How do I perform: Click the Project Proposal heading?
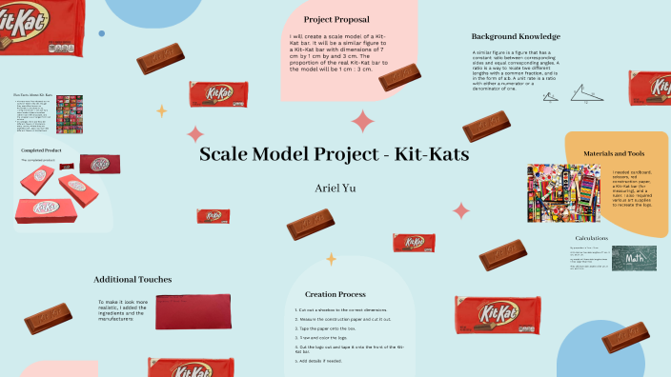336,19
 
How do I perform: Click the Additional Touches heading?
132,280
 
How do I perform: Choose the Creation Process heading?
335,294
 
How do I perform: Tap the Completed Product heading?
43,150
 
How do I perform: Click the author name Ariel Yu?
335,188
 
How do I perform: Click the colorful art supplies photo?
566,196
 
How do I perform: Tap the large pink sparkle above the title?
363,121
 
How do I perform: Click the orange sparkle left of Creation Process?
331,258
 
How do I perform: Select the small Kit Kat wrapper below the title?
213,216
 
